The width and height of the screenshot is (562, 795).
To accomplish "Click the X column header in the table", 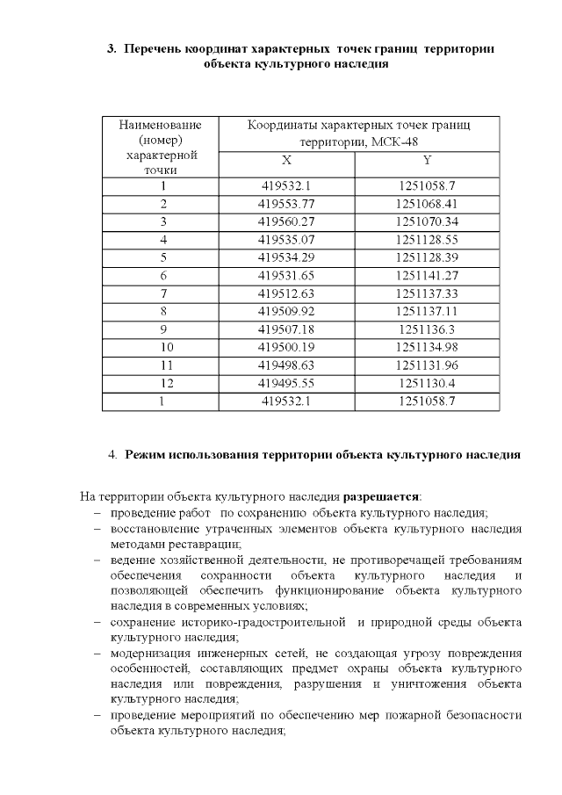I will [x=286, y=161].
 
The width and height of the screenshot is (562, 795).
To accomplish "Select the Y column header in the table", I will [x=427, y=161].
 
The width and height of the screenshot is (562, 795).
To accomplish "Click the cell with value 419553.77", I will [x=286, y=204].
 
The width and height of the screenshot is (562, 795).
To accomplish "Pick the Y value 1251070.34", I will [x=427, y=221].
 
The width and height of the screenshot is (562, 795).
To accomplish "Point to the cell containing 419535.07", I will [x=286, y=239].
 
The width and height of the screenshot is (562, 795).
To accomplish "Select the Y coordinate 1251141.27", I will [x=427, y=275].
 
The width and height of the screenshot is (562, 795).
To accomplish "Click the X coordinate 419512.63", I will [x=286, y=293].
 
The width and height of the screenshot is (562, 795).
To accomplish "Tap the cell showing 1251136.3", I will [x=427, y=329].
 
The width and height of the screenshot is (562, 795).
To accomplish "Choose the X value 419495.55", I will [x=286, y=384].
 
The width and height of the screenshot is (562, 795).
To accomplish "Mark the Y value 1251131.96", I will [x=427, y=365].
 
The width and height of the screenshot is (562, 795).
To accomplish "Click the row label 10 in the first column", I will [x=162, y=348].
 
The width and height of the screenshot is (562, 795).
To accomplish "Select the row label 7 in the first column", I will [x=162, y=293].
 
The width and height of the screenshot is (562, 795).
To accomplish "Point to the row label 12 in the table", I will [x=162, y=384].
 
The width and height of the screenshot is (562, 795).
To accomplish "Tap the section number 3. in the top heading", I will [x=112, y=49].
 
